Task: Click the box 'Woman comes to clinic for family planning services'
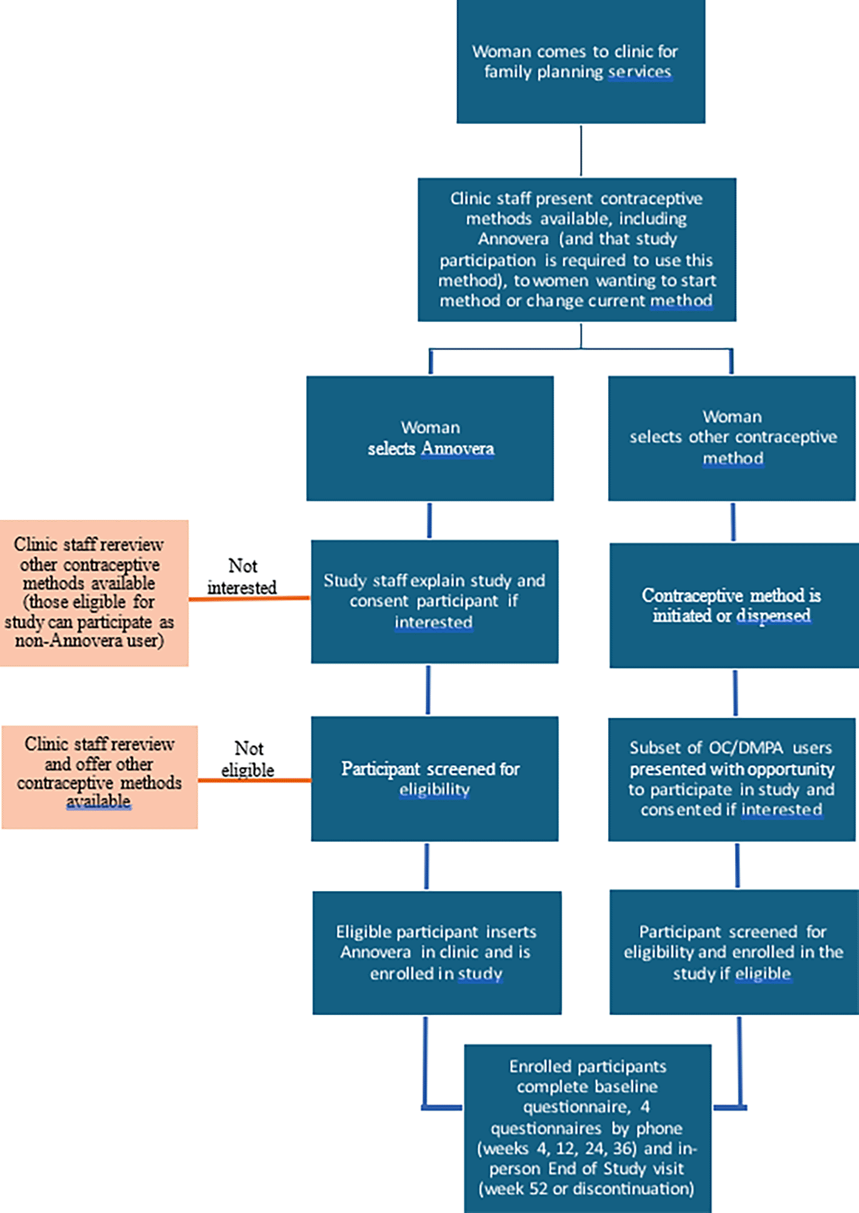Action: [581, 61]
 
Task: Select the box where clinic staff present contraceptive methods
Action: [577, 250]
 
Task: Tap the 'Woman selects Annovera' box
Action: [430, 438]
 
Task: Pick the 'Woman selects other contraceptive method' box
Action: [732, 438]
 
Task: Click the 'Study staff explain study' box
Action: [435, 602]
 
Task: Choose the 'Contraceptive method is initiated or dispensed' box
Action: [734, 605]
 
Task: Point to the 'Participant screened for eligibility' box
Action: [435, 779]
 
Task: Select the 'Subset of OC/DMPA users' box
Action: [732, 779]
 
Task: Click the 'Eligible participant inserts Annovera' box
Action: [437, 952]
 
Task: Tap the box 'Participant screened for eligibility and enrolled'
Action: [734, 952]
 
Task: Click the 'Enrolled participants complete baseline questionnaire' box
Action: [587, 1128]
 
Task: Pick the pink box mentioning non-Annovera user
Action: [94, 593]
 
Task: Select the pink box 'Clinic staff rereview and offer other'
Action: [99, 777]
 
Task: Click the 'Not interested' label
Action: [242, 576]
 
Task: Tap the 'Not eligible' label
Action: [248, 759]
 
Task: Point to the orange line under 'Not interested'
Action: [249, 599]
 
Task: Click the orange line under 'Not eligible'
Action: [255, 780]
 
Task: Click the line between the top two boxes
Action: [581, 151]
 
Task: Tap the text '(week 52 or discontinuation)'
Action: [586, 1189]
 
